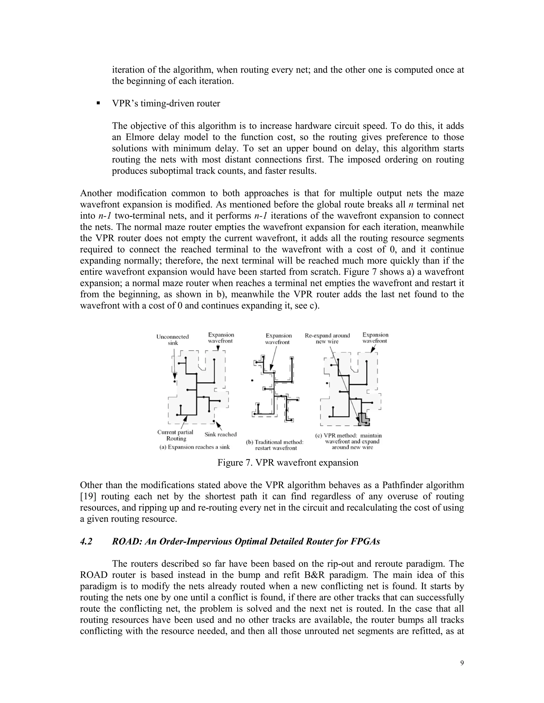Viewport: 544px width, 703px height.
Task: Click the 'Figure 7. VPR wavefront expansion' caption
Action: coord(287,463)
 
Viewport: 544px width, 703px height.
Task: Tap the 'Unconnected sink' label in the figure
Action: coord(172,340)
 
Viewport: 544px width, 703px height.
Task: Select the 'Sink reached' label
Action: coord(220,434)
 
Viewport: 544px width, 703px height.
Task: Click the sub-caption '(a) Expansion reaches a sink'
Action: coord(194,447)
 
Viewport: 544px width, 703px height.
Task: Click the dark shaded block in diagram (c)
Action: coord(364,418)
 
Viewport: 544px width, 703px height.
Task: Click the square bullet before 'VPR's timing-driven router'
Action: coord(98,103)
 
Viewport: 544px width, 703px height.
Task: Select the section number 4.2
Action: coord(86,541)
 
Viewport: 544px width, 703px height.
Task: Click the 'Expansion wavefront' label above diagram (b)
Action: coord(278,339)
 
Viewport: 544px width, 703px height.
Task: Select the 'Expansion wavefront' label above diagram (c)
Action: coord(375,338)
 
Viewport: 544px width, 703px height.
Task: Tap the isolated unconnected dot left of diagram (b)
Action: coord(252,380)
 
